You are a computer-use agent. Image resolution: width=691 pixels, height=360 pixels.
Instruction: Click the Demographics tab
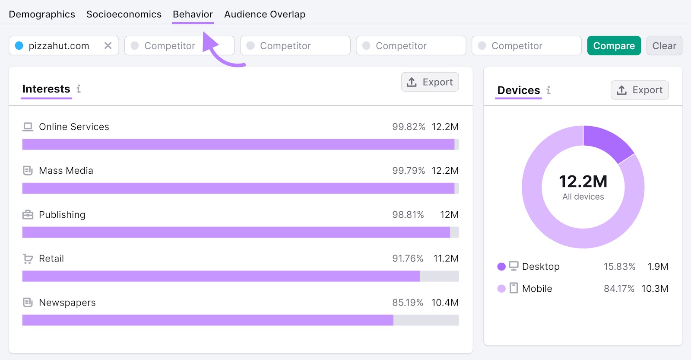pos(42,14)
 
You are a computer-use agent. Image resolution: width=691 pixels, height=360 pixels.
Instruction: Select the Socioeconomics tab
pos(124,14)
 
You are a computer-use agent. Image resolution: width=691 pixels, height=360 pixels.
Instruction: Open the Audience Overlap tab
pos(265,14)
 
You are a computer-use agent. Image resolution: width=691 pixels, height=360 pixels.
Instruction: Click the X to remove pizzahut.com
pos(108,45)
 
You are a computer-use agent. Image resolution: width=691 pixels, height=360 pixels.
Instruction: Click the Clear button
pos(664,45)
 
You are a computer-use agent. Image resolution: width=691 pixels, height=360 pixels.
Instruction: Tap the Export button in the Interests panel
pos(430,82)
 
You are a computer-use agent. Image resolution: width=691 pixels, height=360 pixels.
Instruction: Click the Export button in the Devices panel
pos(639,90)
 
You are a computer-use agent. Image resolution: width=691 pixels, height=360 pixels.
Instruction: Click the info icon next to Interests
pos(79,89)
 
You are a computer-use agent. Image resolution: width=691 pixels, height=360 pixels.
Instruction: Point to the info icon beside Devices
pos(548,90)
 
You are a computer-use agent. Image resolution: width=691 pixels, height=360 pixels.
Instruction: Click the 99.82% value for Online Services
pos(409,127)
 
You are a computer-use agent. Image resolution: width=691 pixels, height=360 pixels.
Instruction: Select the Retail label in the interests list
pos(51,258)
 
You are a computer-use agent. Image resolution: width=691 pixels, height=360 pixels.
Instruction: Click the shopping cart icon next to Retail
pos(28,258)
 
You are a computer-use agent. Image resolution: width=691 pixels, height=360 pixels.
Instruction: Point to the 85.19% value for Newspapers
pos(408,303)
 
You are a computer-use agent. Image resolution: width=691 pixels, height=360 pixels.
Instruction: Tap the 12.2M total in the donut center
pos(583,182)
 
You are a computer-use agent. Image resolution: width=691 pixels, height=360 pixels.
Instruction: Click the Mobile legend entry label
pos(537,289)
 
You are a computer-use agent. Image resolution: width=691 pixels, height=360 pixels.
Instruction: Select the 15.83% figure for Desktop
pos(619,267)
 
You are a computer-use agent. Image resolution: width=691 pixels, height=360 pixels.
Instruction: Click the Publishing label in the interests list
pos(62,215)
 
